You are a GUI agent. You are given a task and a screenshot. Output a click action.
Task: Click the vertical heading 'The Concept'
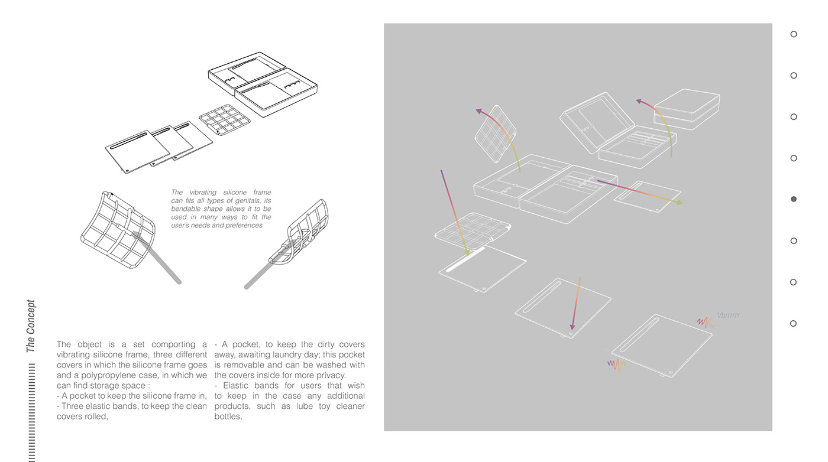click(31, 326)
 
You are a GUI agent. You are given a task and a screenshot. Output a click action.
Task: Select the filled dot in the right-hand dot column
click(794, 199)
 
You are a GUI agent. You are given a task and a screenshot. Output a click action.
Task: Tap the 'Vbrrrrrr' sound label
click(728, 315)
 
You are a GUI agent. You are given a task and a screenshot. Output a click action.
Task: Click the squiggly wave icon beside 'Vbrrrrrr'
click(706, 322)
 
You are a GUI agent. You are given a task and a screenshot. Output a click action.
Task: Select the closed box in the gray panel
click(687, 109)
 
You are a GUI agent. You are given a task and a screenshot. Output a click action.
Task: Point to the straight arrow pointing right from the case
click(639, 192)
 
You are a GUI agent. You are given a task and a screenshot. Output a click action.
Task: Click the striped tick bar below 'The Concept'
click(32, 414)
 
